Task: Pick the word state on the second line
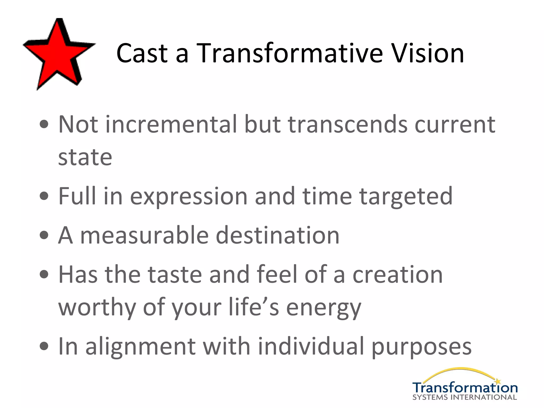coord(85,157)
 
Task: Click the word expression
coord(189,197)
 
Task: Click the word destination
coord(278,235)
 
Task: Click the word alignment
coord(141,347)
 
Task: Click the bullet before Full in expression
coord(44,196)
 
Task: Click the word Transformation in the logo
coord(465,388)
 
